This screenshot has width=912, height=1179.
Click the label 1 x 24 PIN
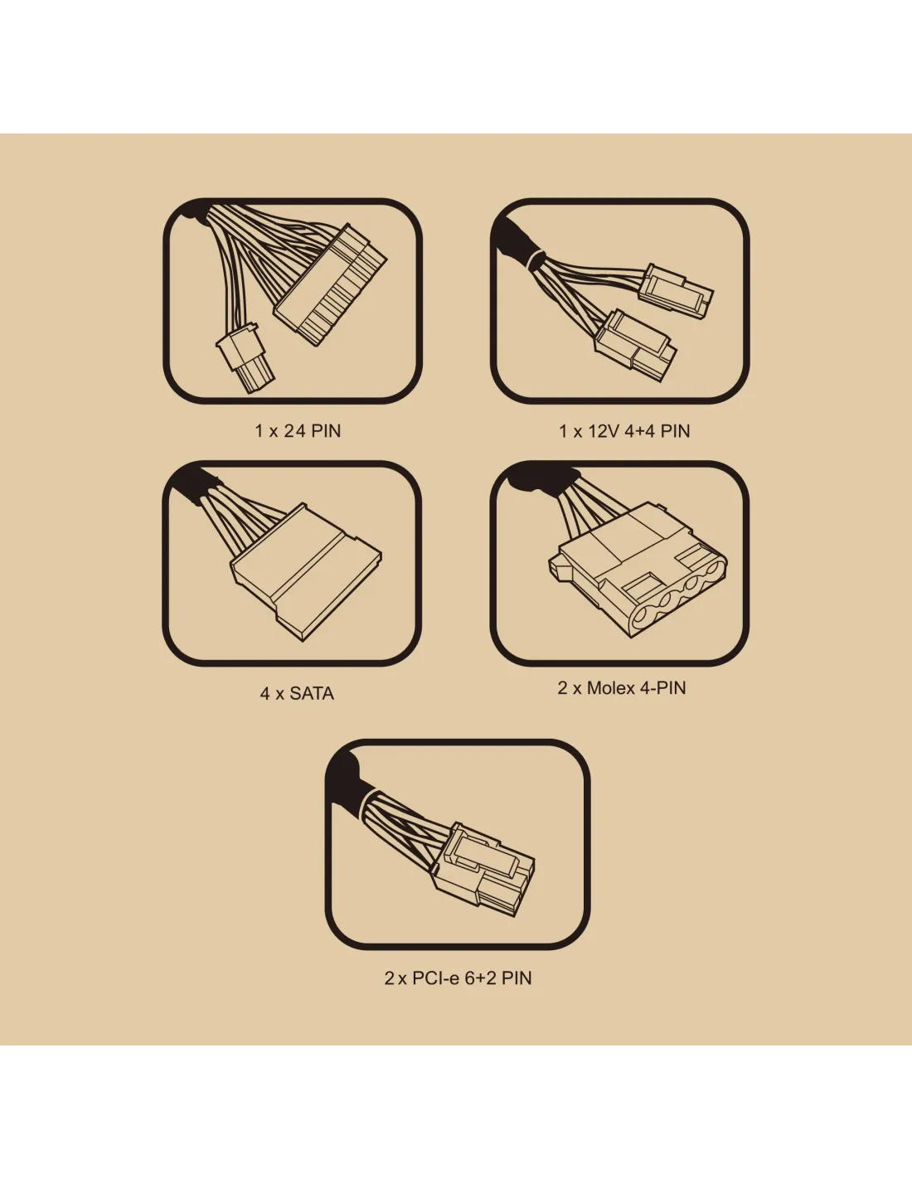[x=298, y=431]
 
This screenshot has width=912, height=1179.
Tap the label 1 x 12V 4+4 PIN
[x=624, y=431]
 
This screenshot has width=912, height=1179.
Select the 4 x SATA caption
[x=297, y=693]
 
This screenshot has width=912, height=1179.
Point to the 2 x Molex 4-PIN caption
[x=622, y=688]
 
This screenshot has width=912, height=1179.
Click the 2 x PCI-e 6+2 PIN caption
[x=458, y=978]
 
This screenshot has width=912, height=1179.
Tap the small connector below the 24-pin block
[x=245, y=357]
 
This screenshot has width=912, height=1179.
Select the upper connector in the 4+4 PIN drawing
[x=677, y=292]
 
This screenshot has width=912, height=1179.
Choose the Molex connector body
[x=638, y=570]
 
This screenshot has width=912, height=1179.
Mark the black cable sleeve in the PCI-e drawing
[x=347, y=782]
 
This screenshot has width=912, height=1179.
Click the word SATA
[x=312, y=693]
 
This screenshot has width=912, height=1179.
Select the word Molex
[x=611, y=688]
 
